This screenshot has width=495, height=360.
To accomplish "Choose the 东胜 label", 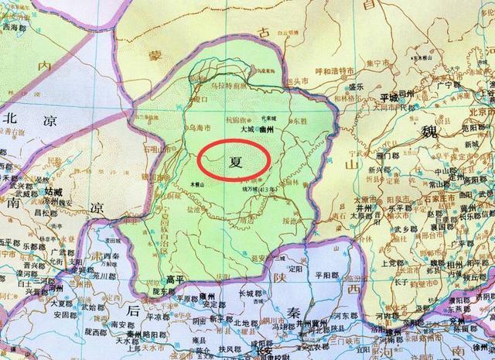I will point(297,120).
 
